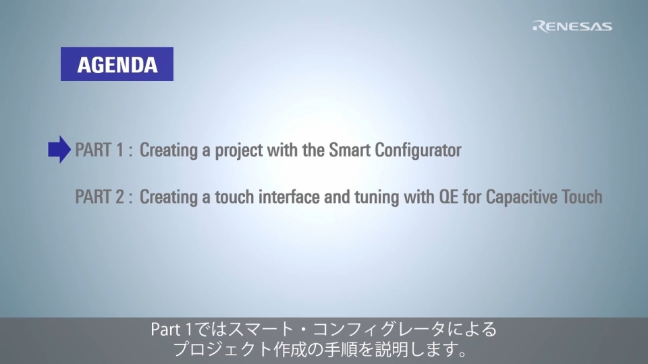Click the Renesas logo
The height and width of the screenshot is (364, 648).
point(572,26)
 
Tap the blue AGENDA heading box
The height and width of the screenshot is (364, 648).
point(117,64)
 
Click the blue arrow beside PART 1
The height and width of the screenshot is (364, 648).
point(59,150)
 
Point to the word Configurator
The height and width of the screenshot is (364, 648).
point(418,150)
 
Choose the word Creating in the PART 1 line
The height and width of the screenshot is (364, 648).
point(169,151)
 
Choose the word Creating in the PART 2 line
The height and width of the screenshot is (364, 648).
point(169,198)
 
